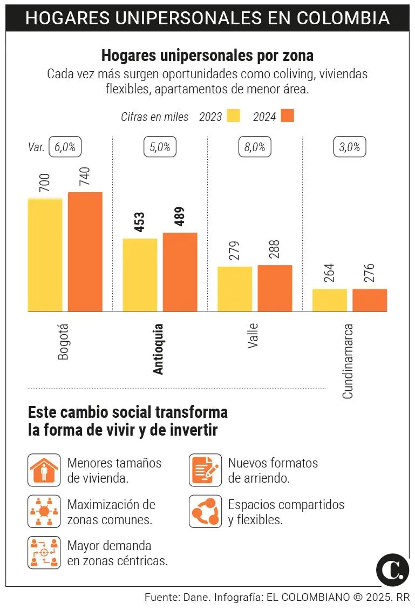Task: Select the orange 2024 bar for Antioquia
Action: [180, 272]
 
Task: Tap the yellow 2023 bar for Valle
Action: [235, 289]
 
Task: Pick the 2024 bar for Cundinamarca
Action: [370, 300]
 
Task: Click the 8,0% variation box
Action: [255, 147]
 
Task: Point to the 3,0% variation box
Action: [350, 147]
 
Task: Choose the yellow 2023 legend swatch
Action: [233, 116]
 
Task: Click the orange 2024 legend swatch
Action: [287, 116]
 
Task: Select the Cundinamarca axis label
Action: [348, 361]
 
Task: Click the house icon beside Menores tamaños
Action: [44, 470]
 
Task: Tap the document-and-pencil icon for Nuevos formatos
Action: [205, 470]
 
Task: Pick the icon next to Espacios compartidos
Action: [205, 511]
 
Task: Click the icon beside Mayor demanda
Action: [44, 552]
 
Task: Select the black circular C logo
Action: [392, 569]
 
